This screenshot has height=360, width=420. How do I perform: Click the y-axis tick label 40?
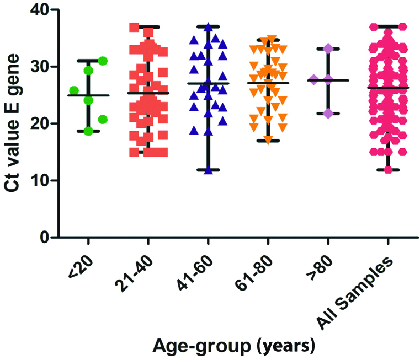(x=36, y=10)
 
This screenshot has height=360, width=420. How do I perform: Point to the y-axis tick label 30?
(x=36, y=67)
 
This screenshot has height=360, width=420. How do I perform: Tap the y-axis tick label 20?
(x=36, y=123)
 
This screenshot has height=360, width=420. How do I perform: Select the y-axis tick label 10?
(x=36, y=180)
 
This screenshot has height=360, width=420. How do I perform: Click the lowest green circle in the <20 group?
(x=88, y=131)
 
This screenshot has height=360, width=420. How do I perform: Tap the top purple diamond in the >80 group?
(x=328, y=49)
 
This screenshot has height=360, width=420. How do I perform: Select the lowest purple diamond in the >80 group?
(x=328, y=114)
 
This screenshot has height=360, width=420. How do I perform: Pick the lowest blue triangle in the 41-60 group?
(x=209, y=170)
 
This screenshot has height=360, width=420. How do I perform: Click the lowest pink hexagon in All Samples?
(x=389, y=170)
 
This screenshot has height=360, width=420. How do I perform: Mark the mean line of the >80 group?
(x=328, y=80)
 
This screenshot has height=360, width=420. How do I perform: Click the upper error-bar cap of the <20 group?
(x=88, y=60)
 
